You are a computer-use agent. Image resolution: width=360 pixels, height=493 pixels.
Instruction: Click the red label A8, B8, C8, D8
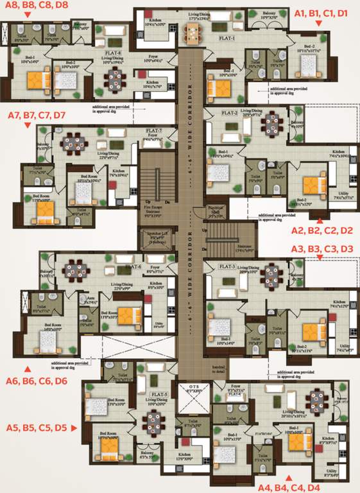[36, 6]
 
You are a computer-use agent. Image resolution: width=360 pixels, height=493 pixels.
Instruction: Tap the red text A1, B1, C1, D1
[320, 12]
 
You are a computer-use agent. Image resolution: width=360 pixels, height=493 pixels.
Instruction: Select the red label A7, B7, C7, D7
[36, 116]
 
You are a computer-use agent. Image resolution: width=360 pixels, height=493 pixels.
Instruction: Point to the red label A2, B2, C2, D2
[322, 230]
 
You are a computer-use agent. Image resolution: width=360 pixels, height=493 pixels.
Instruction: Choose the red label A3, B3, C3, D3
[322, 248]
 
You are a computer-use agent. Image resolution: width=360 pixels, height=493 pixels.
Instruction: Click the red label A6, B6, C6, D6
[37, 381]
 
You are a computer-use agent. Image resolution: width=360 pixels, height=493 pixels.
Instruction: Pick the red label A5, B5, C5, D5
[36, 427]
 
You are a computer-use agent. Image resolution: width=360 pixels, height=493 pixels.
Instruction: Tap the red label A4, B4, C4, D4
[287, 487]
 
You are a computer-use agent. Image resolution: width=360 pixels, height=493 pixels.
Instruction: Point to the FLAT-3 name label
[227, 266]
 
